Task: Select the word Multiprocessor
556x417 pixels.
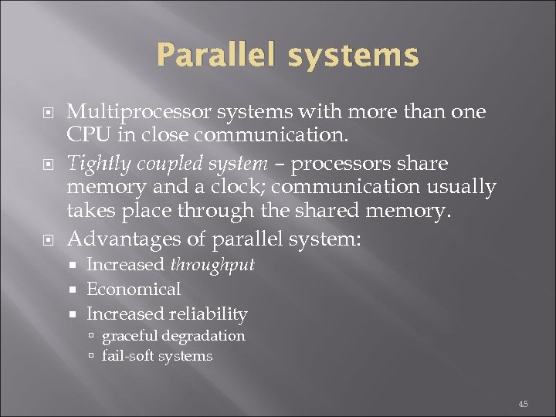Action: [x=137, y=113]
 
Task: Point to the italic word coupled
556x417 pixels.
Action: [x=161, y=164]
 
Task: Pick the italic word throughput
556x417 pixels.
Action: [x=212, y=265]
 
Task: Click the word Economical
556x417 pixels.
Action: [x=134, y=290]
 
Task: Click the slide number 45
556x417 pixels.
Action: [x=523, y=403]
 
